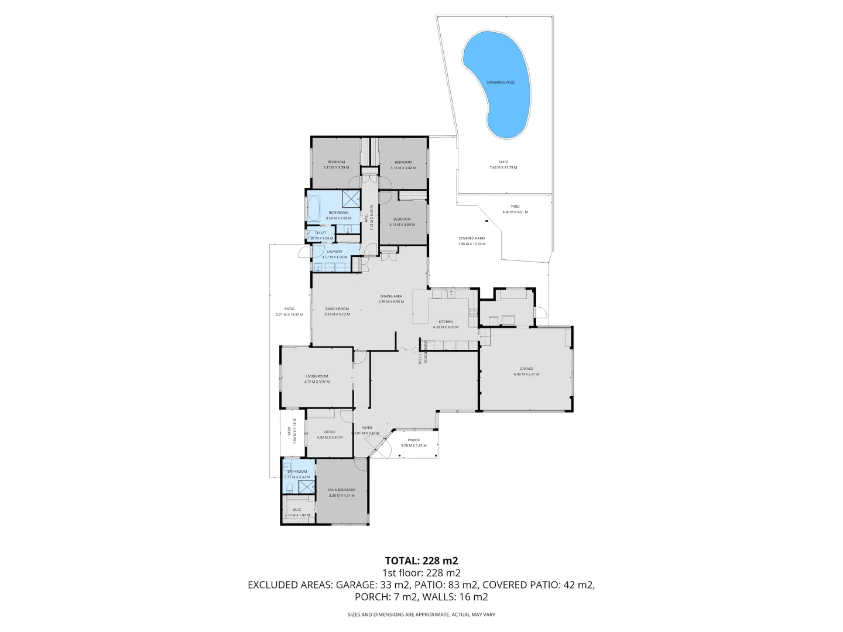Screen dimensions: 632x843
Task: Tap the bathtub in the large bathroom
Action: (314, 208)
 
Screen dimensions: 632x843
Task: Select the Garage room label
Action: (526, 369)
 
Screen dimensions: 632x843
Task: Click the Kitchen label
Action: (446, 322)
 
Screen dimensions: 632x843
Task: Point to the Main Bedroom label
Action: (341, 490)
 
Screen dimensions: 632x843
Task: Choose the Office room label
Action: (330, 432)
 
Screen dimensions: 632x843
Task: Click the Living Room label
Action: (317, 376)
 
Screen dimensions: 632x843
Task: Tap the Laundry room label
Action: (334, 252)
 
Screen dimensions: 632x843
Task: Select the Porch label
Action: (413, 440)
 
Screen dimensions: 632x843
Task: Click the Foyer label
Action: (366, 428)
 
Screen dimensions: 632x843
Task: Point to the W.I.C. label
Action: (297, 510)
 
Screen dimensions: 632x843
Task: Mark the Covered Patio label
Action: (471, 238)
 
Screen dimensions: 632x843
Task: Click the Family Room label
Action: (337, 309)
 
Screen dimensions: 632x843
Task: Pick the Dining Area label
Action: (390, 296)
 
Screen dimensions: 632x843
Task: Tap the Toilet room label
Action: (320, 233)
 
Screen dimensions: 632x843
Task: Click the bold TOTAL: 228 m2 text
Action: (421, 561)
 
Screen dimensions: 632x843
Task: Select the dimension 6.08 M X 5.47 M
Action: (526, 374)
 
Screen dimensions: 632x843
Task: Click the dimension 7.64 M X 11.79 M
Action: (503, 167)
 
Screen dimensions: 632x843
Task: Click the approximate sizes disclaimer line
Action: (421, 614)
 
